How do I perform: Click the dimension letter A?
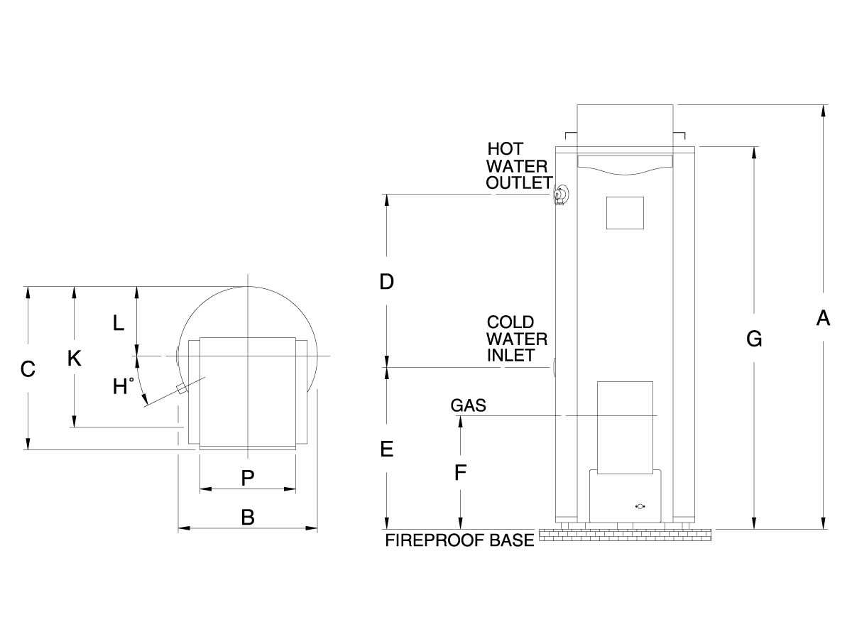(823, 319)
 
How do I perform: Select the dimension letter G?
(754, 339)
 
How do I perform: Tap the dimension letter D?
(386, 282)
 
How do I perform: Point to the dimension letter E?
(386, 449)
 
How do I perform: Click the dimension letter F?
(460, 472)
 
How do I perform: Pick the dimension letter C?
(27, 369)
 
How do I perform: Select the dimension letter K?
(74, 359)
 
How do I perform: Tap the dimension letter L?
(119, 324)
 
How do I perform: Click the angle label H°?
(124, 387)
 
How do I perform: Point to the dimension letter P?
(247, 479)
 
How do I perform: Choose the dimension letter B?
(247, 518)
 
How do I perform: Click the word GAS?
(468, 405)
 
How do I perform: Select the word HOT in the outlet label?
(505, 149)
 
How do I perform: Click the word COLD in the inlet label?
(510, 323)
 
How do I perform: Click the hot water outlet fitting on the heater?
(560, 194)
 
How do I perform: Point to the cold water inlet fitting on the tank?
(554, 367)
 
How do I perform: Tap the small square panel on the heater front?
(624, 212)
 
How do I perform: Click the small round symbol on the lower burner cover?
(640, 506)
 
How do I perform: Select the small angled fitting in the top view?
(182, 388)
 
